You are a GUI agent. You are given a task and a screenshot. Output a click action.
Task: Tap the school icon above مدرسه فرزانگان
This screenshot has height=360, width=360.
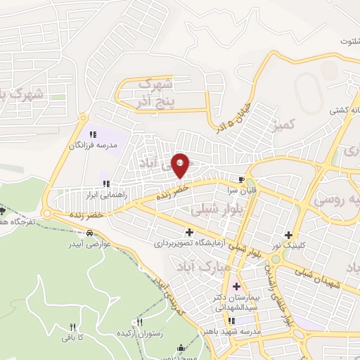[x=91, y=134]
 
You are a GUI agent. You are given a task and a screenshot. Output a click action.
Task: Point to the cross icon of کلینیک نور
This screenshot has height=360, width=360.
[x=287, y=235]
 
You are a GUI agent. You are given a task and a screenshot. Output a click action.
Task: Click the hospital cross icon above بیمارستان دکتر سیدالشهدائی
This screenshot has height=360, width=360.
[x=236, y=286]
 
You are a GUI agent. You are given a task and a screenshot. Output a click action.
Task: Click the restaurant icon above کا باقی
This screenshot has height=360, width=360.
[x=72, y=327]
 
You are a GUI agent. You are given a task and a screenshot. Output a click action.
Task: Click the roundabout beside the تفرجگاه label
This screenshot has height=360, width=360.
[x=47, y=213]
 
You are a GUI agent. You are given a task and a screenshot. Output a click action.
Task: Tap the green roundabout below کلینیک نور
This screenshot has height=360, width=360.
[x=276, y=258]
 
